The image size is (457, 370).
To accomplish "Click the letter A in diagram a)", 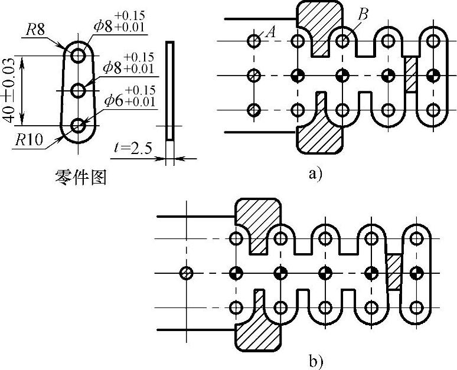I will pyautogui.click(x=272, y=33).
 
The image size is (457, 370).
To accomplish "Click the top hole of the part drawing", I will pyautogui.click(x=79, y=55).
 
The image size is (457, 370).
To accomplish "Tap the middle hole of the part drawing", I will pyautogui.click(x=79, y=90).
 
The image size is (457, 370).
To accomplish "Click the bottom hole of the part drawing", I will pyautogui.click(x=79, y=125).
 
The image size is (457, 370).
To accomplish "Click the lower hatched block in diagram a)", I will pyautogui.click(x=319, y=133).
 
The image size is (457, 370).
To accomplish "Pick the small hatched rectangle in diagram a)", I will pyautogui.click(x=410, y=74).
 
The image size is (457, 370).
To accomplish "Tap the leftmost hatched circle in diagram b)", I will pyautogui.click(x=186, y=273).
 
